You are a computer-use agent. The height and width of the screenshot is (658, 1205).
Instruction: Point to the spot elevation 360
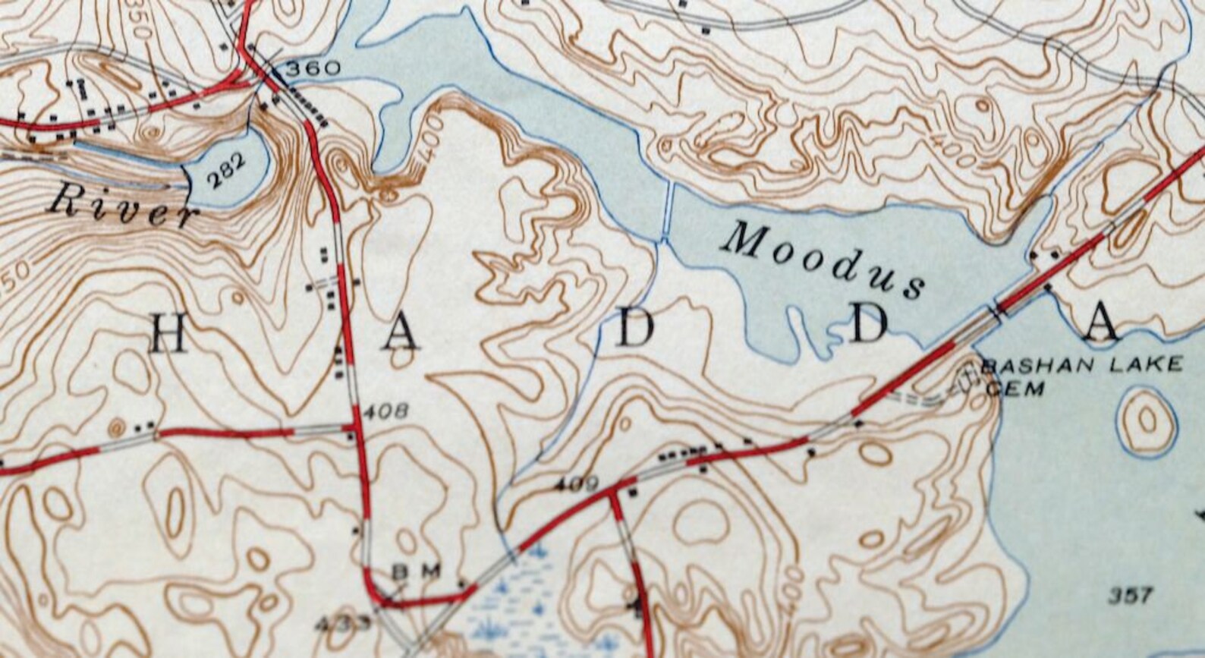click(313, 69)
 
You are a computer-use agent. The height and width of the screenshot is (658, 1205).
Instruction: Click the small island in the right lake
click(1147, 419)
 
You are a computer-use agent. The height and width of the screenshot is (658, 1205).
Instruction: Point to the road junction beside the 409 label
click(614, 490)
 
